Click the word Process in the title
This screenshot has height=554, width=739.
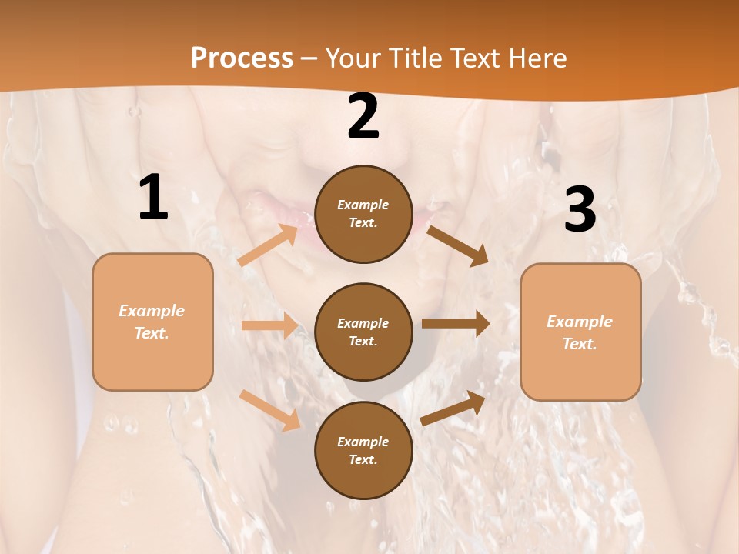point(242,58)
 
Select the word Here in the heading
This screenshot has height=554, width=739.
point(533,58)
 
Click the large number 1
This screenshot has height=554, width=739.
point(153,198)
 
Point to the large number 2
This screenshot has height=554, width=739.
point(363,117)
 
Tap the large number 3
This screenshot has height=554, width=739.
point(580,210)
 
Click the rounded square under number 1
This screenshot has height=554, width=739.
point(152,322)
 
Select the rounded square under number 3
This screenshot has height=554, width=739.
point(580,332)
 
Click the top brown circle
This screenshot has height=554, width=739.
point(363,214)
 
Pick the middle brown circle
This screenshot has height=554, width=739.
point(363,332)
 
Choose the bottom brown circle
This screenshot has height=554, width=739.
point(363,450)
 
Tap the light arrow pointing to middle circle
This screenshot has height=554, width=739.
point(269,325)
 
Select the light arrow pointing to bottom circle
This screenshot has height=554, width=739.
point(270,410)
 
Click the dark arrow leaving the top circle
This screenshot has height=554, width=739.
point(457,245)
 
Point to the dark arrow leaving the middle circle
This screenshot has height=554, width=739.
point(456,323)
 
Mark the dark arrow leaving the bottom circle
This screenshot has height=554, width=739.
point(453,408)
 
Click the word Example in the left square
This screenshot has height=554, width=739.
point(152,311)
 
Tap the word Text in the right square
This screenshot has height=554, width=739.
point(579,344)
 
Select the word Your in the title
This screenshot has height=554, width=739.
point(352,58)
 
